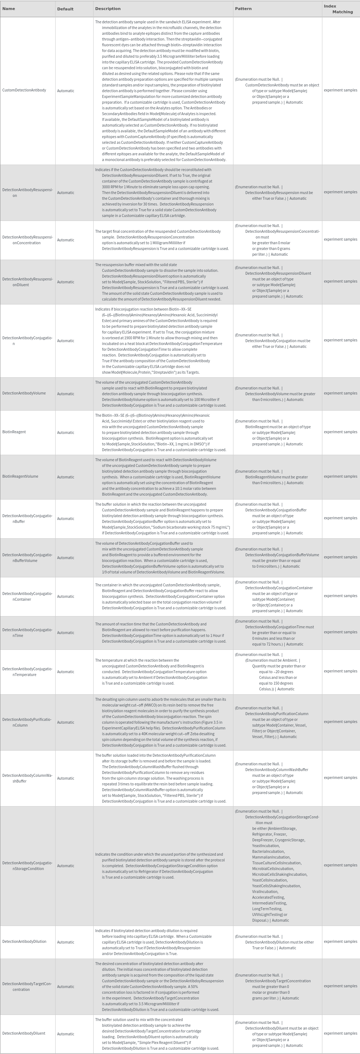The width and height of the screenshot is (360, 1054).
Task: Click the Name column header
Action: [x=9, y=9]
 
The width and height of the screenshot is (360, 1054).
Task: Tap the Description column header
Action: [x=108, y=9]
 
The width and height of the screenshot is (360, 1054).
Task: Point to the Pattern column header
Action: [x=243, y=9]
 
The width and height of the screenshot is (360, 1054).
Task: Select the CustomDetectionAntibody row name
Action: [x=24, y=90]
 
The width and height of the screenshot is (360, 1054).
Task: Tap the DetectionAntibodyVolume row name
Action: [x=24, y=393]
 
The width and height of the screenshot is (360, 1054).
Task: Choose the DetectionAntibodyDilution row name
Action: [x=24, y=941]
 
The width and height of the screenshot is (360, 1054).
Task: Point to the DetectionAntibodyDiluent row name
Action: [x=24, y=1033]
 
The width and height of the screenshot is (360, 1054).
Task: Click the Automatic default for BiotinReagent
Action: [x=66, y=433]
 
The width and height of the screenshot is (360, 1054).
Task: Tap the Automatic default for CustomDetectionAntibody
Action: [x=66, y=91]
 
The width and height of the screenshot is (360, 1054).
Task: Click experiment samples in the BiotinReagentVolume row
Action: [x=340, y=476]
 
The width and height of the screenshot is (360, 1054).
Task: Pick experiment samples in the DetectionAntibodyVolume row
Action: [x=340, y=393]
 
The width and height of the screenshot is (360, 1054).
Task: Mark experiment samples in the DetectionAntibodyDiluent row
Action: [x=340, y=1033]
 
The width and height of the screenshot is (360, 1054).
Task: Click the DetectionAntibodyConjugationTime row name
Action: [x=27, y=633]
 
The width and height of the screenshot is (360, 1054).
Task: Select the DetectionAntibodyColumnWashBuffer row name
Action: [x=27, y=778]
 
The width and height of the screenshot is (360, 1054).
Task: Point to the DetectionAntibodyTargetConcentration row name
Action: [x=27, y=987]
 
